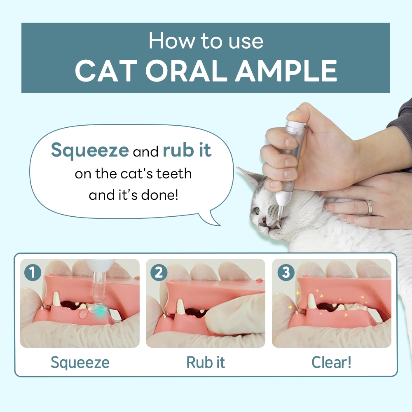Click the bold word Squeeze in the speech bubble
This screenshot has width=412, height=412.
[x=89, y=151]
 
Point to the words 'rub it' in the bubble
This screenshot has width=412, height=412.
[x=187, y=151]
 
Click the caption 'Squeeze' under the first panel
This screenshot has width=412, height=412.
[x=80, y=363]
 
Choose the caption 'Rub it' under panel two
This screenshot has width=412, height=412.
[x=206, y=363]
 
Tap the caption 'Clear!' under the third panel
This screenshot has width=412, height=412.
[x=332, y=363]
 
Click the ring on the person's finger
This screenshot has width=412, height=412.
[x=370, y=208]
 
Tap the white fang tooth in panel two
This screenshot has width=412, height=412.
[x=180, y=307]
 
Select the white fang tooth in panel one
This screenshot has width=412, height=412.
[x=56, y=299]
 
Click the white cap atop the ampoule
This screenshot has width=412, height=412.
[x=296, y=116]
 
